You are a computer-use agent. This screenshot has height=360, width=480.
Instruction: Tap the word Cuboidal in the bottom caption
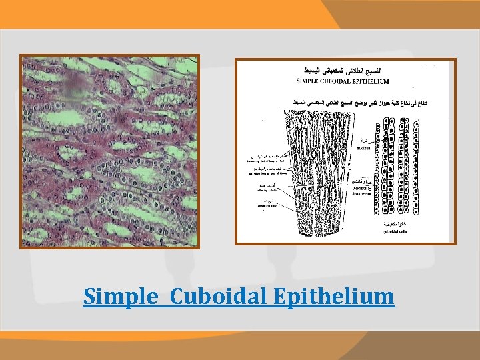(x=211, y=296)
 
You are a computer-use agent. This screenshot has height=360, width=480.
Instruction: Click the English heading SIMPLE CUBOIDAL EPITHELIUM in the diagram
(x=343, y=81)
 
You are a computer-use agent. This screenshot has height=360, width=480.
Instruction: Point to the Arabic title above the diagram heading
(x=343, y=71)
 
